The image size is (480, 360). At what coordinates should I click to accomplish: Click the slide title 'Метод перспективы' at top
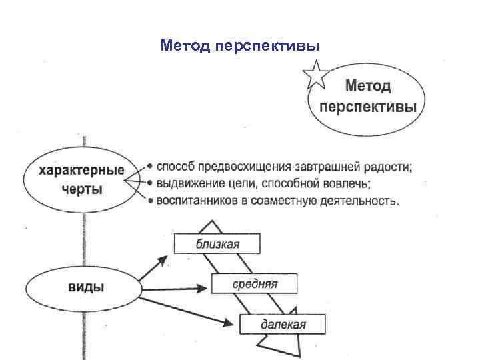pyautogui.click(x=240, y=46)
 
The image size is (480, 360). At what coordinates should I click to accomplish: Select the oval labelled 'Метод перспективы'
pyautogui.click(x=367, y=97)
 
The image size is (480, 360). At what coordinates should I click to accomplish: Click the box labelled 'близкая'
pyautogui.click(x=217, y=244)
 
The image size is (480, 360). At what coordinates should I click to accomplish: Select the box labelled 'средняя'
pyautogui.click(x=254, y=284)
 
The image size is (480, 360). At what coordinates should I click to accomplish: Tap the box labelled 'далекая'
pyautogui.click(x=283, y=324)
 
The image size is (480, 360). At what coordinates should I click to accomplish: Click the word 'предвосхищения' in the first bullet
pyautogui.click(x=238, y=166)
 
